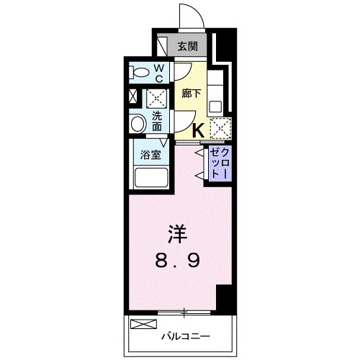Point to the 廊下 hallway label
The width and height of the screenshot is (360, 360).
[x=190, y=94]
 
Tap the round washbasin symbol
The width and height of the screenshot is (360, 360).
[x=138, y=124]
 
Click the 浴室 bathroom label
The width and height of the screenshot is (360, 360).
[x=150, y=155]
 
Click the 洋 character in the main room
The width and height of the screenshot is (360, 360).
[x=178, y=234]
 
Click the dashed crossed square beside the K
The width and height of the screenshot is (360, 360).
[x=220, y=127]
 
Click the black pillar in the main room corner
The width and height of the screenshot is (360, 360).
[x=225, y=296]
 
